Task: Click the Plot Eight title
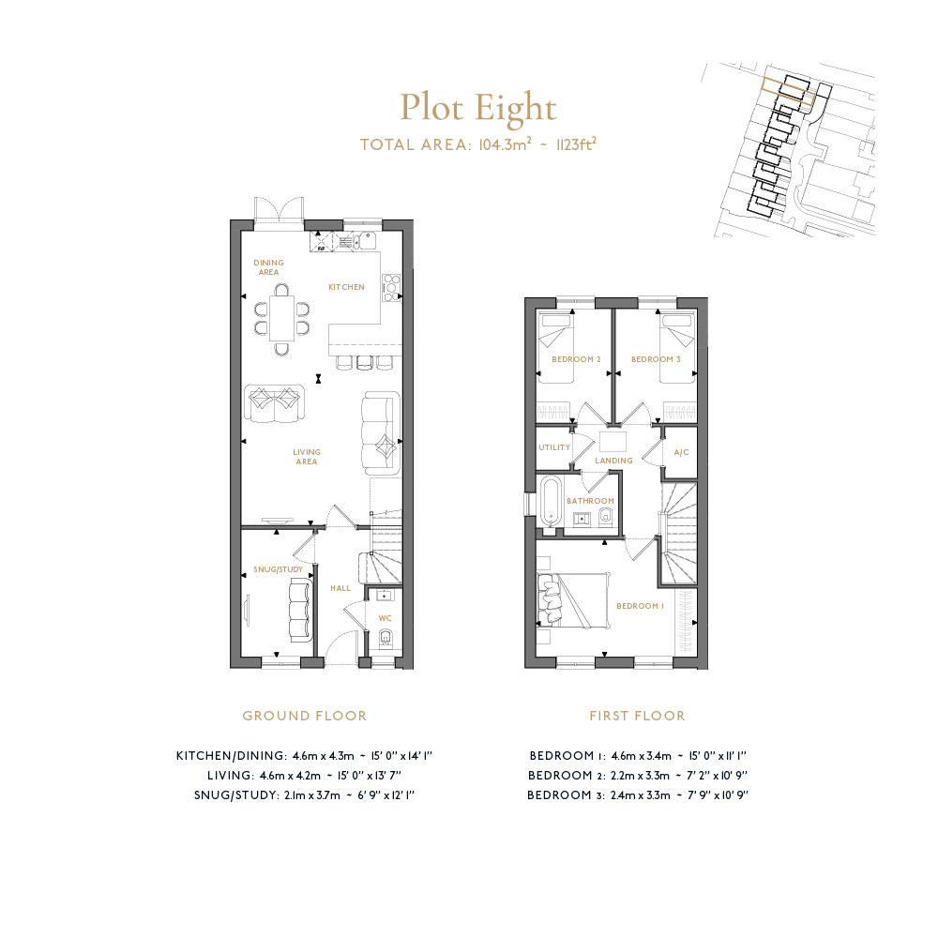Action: tap(478, 108)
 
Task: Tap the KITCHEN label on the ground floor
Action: tap(346, 287)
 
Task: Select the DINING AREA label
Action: tap(268, 267)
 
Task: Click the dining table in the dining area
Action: tap(281, 318)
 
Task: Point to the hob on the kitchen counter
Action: tap(391, 288)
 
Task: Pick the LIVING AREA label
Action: tap(307, 457)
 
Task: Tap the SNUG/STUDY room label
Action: tap(279, 569)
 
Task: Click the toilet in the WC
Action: tap(386, 639)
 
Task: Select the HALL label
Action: tap(341, 589)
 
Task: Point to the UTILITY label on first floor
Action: tap(554, 447)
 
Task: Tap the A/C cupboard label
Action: tap(681, 452)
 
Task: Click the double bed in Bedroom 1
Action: tap(574, 600)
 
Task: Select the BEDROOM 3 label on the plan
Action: tap(657, 359)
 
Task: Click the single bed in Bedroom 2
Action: tap(555, 348)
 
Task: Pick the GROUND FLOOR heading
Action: tap(305, 716)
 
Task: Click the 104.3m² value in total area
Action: tap(505, 144)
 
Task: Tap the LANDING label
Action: tap(613, 461)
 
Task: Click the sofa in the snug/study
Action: tap(301, 611)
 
